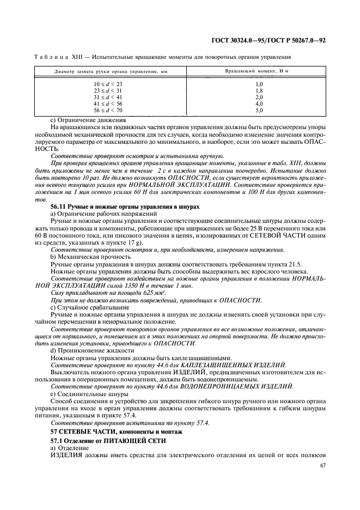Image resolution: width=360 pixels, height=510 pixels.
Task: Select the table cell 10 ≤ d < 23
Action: point(108,84)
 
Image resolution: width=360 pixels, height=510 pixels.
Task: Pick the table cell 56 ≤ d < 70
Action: point(108,110)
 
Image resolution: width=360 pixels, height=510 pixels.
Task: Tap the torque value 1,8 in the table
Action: point(259,90)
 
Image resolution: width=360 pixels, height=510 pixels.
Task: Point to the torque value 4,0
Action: point(259,104)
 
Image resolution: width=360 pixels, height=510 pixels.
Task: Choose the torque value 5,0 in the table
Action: point(259,110)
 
